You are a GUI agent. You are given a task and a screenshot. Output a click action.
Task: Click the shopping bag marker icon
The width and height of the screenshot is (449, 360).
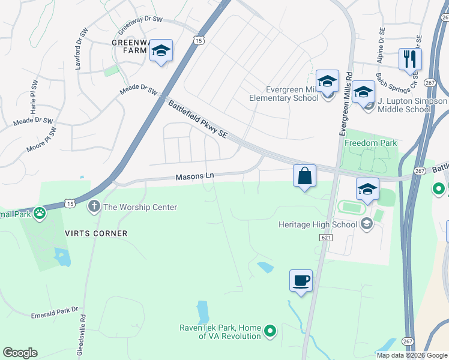pyautogui.click(x=304, y=176)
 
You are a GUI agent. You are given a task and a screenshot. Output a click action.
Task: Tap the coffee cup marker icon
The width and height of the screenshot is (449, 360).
pyautogui.click(x=301, y=280)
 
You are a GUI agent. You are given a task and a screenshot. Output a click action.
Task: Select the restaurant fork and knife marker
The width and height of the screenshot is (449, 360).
pyautogui.click(x=410, y=59)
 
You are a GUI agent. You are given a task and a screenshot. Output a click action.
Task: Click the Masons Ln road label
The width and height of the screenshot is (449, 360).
pyautogui.click(x=194, y=177)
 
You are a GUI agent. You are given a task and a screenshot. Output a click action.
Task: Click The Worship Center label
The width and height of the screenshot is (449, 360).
pyautogui.click(x=140, y=208)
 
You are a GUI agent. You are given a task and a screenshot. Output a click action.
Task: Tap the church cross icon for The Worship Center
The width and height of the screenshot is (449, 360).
pyautogui.click(x=94, y=207)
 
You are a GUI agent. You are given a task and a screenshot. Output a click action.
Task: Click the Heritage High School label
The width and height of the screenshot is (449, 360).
pyautogui.click(x=318, y=225)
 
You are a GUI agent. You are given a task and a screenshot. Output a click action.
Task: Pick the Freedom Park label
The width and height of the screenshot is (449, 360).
pyautogui.click(x=371, y=143)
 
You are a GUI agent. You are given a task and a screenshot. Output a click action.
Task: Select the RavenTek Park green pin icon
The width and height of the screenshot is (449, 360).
pyautogui.click(x=271, y=330)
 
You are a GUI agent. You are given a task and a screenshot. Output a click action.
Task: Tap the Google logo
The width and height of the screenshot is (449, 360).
pyautogui.click(x=20, y=353)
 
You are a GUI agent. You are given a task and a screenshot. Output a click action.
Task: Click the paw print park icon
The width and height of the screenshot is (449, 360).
pyautogui.click(x=40, y=212)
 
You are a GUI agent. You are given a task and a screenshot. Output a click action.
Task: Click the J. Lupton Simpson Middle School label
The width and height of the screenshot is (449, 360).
pyautogui.click(x=412, y=105)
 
